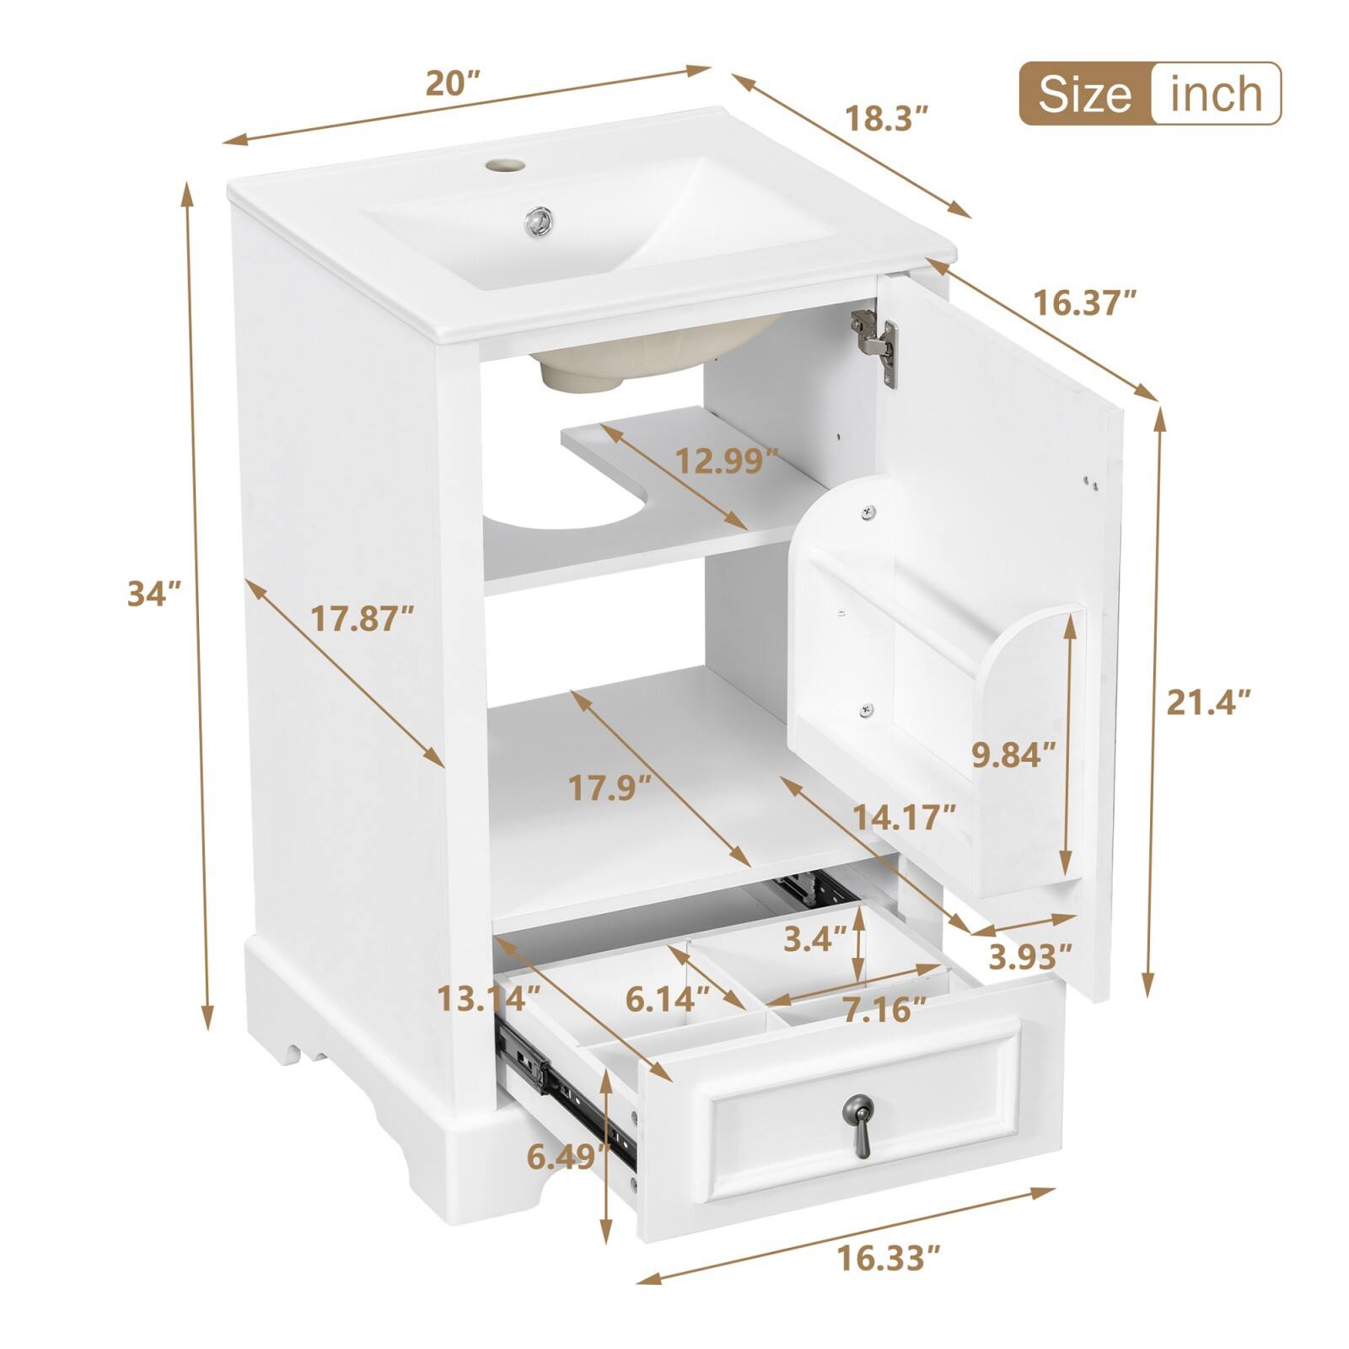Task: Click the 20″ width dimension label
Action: (453, 83)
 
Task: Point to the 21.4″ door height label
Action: (1207, 701)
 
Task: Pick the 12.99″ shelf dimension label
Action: (727, 460)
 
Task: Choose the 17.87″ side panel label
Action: (363, 620)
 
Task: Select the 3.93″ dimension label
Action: (1030, 956)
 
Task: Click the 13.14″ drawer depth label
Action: (488, 999)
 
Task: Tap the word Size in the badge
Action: (1084, 94)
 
